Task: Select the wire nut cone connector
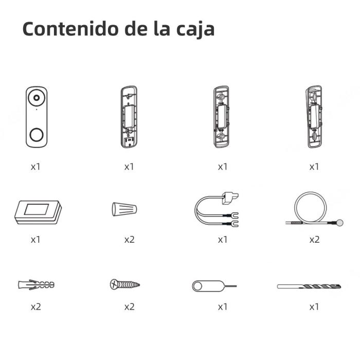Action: (x=124, y=209)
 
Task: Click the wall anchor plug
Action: (x=36, y=284)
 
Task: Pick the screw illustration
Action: (x=125, y=284)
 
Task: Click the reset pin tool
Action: (x=213, y=286)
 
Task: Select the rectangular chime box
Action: (x=37, y=211)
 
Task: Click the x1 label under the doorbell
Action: (x=35, y=167)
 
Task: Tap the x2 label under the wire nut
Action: (x=129, y=240)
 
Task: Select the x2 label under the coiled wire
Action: (x=314, y=240)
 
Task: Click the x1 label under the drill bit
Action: (x=314, y=307)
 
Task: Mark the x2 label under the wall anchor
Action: (x=35, y=307)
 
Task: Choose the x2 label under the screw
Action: (x=129, y=307)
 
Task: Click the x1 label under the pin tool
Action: (x=222, y=307)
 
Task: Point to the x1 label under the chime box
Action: (x=35, y=240)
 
